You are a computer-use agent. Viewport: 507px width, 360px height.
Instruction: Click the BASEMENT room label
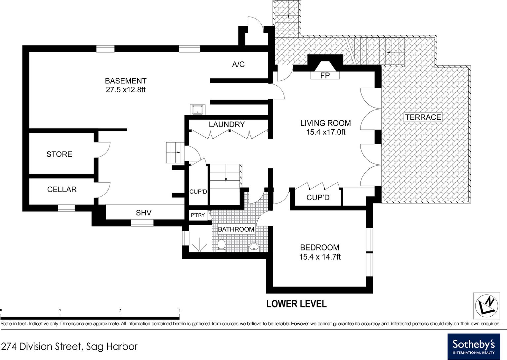126,81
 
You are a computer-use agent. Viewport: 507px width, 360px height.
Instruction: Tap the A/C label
238,64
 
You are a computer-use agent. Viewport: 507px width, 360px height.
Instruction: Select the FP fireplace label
325,75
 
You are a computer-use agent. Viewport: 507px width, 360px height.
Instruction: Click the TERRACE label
423,117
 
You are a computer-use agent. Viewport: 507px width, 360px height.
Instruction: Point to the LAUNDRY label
227,124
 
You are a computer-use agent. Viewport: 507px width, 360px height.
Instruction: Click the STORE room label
59,154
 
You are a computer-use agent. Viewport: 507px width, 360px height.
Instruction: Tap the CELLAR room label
62,189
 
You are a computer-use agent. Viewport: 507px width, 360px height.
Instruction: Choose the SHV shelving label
144,213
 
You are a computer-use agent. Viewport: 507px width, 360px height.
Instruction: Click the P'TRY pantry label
197,215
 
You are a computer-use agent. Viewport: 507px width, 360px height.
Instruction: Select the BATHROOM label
236,229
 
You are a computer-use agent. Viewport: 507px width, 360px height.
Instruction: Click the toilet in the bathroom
221,246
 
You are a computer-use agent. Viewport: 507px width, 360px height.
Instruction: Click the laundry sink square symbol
197,110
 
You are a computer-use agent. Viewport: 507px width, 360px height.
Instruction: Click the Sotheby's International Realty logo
474,346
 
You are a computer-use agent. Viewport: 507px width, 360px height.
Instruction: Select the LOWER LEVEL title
297,304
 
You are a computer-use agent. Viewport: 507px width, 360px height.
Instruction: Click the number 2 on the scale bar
120,310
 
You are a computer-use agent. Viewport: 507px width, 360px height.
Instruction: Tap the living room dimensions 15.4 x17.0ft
326,132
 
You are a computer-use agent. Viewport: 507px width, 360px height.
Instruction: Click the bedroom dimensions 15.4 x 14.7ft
320,257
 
